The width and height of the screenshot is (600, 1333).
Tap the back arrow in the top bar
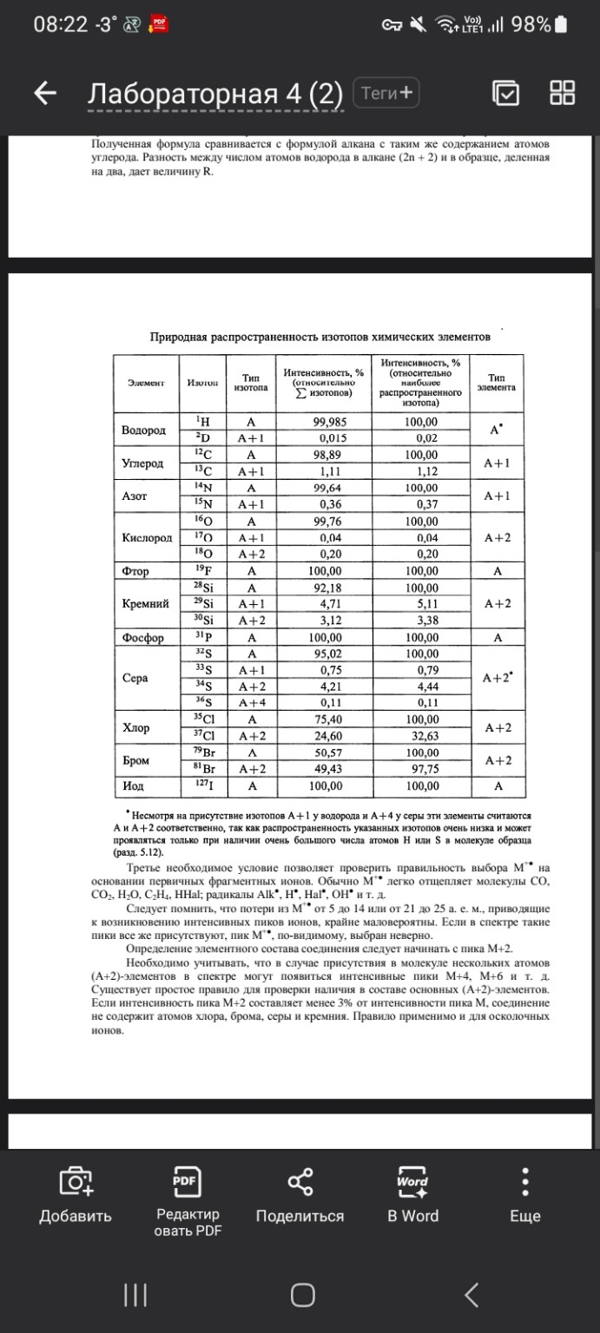[45, 94]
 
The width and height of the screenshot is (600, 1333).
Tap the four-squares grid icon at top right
[562, 93]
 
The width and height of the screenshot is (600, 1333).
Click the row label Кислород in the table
[147, 538]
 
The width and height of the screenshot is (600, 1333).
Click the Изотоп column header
[202, 383]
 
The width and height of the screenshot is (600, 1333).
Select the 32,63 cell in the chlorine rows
[421, 734]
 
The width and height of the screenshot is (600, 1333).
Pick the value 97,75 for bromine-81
[421, 768]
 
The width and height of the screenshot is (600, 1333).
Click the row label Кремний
[144, 603]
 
